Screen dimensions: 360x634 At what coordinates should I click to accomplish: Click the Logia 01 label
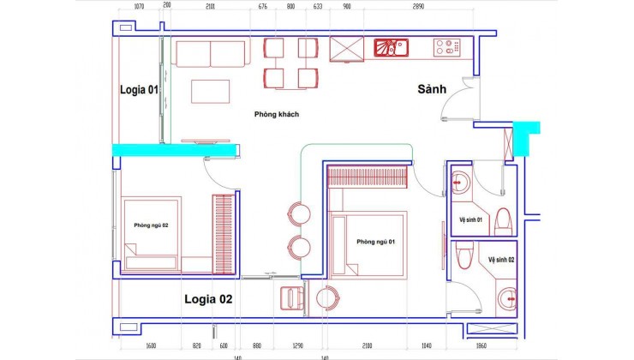click(x=138, y=87)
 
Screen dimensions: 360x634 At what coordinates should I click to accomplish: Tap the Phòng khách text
click(x=276, y=114)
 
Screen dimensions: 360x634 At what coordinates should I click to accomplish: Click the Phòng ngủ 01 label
click(x=374, y=241)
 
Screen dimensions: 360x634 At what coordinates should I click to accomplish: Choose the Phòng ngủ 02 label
click(x=151, y=225)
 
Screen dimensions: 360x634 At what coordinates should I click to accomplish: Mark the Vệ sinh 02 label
click(x=501, y=258)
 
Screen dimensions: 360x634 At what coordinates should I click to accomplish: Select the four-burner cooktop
click(x=447, y=47)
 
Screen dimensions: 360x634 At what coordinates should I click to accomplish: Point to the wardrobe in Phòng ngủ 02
click(x=224, y=233)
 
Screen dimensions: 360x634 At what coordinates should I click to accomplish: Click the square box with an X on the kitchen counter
click(x=347, y=49)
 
